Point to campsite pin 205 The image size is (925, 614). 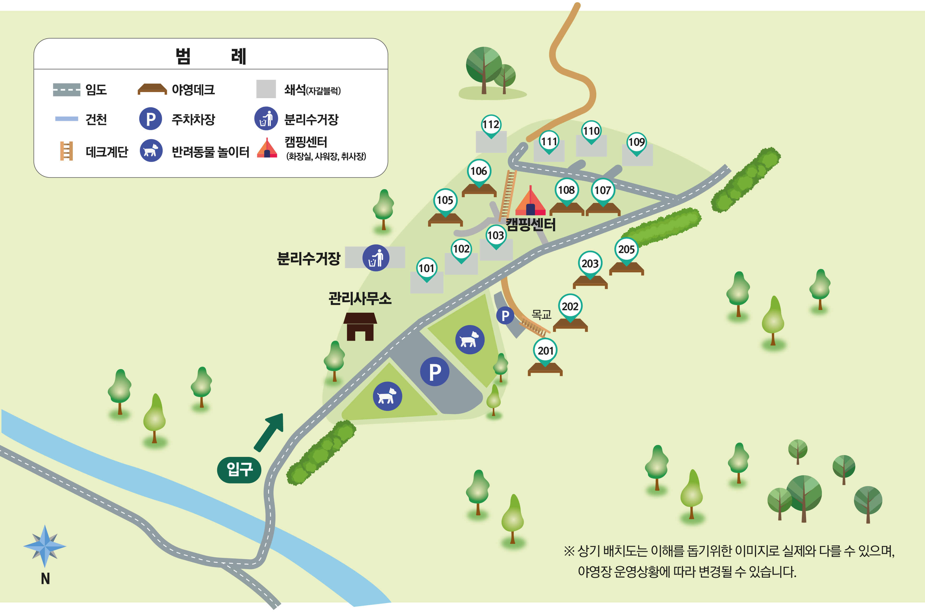click(626, 249)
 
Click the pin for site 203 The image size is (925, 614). click(590, 264)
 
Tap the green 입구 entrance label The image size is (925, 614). click(239, 470)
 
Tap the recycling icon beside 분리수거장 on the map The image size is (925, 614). click(375, 258)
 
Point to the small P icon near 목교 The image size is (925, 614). click(505, 316)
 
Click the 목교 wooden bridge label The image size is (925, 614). click(541, 314)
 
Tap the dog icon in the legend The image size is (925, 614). click(151, 151)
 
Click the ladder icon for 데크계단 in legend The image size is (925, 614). click(66, 151)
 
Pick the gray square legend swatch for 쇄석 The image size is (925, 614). click(266, 89)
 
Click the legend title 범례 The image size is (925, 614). click(211, 56)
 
